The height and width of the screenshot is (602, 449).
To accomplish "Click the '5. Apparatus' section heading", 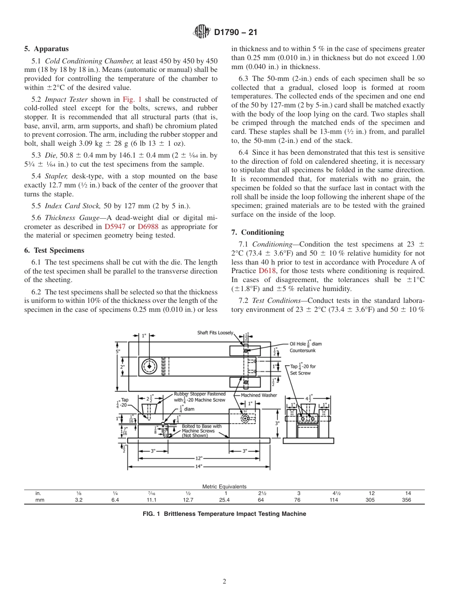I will (46, 49).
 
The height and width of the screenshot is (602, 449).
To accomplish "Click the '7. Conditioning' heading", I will (258, 232).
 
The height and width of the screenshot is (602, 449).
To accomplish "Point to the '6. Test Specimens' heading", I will (54, 250).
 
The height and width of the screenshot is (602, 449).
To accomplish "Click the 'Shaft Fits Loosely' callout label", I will (215, 333).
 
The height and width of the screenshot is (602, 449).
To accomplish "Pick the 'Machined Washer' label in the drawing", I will (259, 395).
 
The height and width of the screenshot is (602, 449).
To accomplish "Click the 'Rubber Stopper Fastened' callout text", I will (199, 394).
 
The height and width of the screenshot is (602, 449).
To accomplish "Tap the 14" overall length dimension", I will (199, 466).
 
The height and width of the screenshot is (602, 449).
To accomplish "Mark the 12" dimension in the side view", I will (199, 458).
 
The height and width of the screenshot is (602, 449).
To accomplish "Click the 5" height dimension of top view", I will (118, 351).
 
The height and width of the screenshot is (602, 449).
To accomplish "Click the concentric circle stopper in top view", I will (150, 366).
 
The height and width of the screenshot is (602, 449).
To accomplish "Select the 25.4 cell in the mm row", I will (224, 500).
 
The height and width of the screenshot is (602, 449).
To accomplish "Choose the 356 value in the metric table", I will (406, 500).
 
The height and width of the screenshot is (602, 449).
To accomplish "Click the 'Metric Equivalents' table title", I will (224, 487).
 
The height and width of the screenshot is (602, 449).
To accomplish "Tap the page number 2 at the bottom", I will (224, 582).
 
